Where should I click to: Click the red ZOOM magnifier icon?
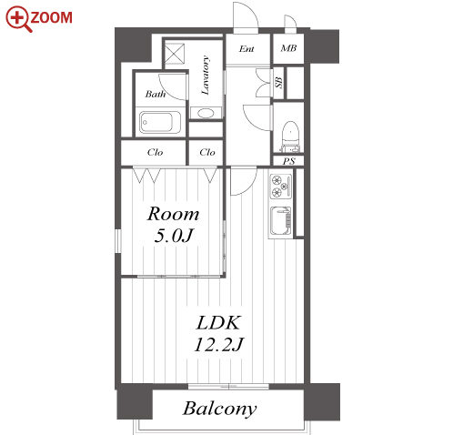point(17,18)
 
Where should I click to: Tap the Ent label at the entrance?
point(247,49)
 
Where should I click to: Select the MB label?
point(288,48)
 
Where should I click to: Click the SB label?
point(278,83)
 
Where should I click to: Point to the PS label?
point(288,161)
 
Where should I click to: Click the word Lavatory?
point(206,76)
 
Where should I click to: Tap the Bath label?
point(156,94)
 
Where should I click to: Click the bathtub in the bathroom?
point(160,123)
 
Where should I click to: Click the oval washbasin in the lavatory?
point(206,114)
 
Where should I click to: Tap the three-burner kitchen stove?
point(281,187)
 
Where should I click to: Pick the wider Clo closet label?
point(155,152)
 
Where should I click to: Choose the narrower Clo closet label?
point(207,152)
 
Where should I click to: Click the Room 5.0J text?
point(174,225)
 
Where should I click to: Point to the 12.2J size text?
point(218,345)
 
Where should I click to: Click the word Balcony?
point(219,409)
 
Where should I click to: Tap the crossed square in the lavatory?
point(175,54)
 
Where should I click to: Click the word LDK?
point(218,323)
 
